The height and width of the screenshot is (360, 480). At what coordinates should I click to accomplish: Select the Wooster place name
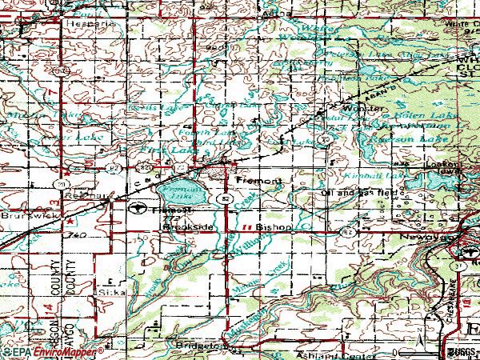tap(358, 108)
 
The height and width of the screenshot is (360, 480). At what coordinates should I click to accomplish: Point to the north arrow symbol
tap(421, 342)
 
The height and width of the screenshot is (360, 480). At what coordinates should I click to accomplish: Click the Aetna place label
tap(273, 14)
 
